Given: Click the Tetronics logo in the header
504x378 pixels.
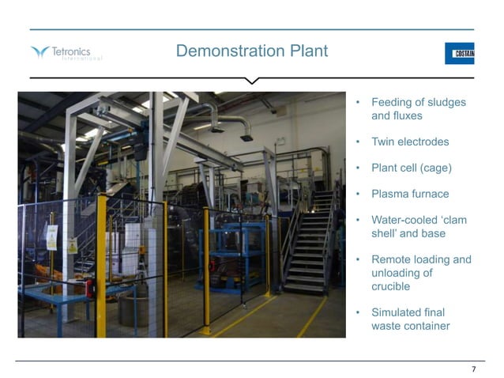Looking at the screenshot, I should coord(66,53).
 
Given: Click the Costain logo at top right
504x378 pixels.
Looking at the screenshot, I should coord(459,53).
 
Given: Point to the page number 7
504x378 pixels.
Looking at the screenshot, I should coord(473,369).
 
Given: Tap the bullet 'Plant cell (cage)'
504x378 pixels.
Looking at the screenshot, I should coord(412,168).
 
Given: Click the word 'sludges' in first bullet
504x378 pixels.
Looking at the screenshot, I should coord(448,103).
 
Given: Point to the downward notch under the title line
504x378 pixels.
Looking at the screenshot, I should coord(252,81).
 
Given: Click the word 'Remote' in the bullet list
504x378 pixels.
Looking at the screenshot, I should coord(392,259).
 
